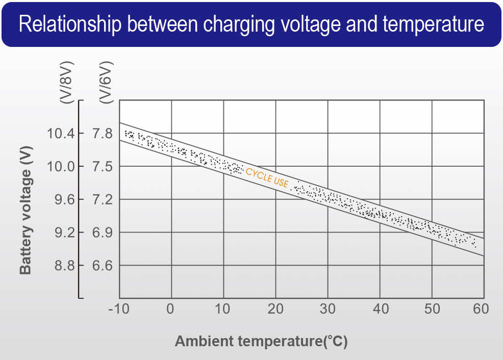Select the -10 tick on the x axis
point(118,309)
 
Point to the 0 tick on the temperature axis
point(171,309)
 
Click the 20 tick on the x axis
point(275,309)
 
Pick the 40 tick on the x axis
point(380,309)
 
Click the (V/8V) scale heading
point(66,83)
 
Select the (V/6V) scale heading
point(106,83)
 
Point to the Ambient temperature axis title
point(261,341)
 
